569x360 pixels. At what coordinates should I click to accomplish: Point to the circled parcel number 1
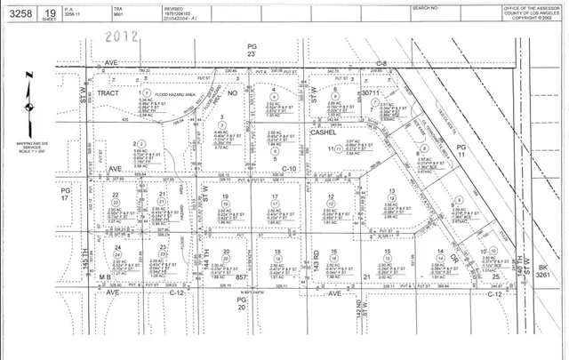coord(138,92)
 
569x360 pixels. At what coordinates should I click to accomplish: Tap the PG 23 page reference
coord(252,50)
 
